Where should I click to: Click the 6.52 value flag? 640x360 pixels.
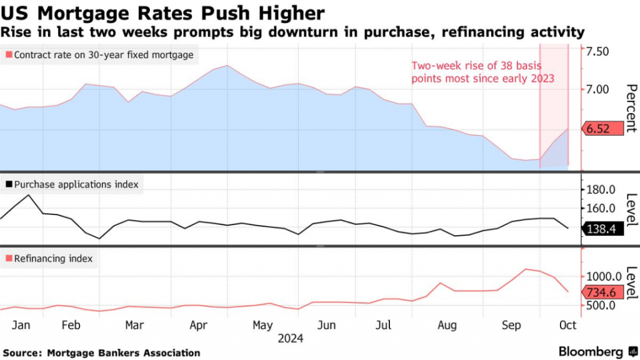tap(604, 129)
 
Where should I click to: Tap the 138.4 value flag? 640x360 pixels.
tap(604, 229)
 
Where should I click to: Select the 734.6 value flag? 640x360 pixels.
tap(604, 291)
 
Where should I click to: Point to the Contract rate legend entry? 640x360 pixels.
tap(99, 55)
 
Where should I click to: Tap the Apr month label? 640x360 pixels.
tap(198, 325)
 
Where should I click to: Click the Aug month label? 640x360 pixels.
tap(447, 325)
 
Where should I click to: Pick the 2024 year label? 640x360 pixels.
tap(290, 339)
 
